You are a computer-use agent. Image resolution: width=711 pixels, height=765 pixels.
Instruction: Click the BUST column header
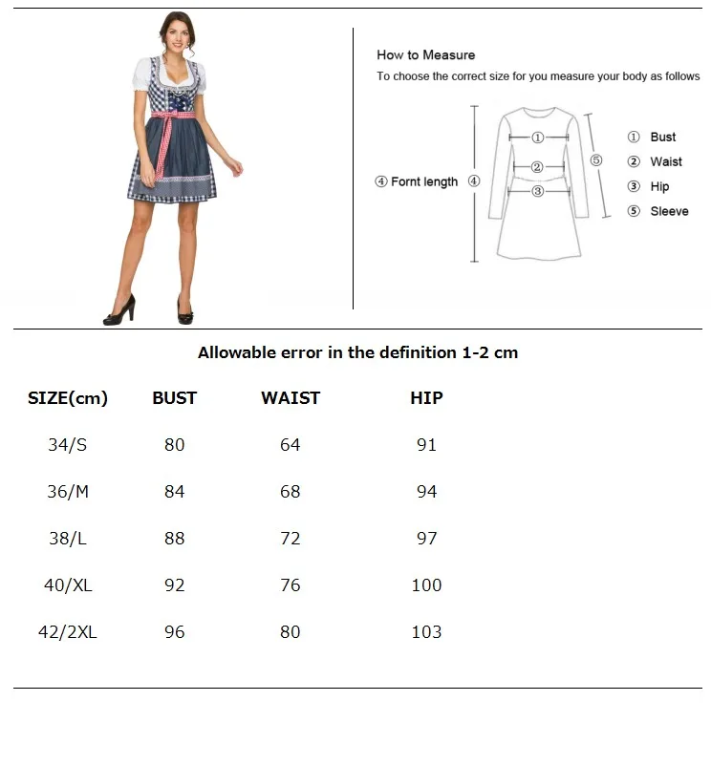pyautogui.click(x=174, y=398)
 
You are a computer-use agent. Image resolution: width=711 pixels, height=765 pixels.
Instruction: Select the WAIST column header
pyautogui.click(x=291, y=398)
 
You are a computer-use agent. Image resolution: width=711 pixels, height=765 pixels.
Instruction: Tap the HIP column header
pyautogui.click(x=426, y=398)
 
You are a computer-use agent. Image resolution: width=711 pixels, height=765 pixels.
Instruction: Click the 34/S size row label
pyautogui.click(x=67, y=445)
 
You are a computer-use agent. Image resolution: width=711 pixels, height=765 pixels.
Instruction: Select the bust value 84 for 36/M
pyautogui.click(x=174, y=492)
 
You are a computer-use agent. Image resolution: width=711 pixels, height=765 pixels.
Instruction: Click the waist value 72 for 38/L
pyautogui.click(x=291, y=539)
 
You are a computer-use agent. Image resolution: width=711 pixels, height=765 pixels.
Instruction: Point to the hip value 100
pyautogui.click(x=426, y=585)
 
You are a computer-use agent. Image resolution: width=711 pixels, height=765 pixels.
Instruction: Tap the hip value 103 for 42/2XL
pyautogui.click(x=426, y=632)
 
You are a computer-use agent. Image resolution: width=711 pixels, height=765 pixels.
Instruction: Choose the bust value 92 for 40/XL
pyautogui.click(x=174, y=585)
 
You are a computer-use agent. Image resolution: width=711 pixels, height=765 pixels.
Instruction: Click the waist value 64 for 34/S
pyautogui.click(x=291, y=445)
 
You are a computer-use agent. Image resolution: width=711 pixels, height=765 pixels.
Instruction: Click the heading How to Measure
pyautogui.click(x=425, y=55)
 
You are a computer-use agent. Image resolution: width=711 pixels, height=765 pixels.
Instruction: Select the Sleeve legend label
pyautogui.click(x=669, y=211)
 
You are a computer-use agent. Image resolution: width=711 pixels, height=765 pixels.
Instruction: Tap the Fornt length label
pyautogui.click(x=424, y=181)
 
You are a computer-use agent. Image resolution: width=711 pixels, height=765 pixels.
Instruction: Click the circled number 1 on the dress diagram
pyautogui.click(x=538, y=138)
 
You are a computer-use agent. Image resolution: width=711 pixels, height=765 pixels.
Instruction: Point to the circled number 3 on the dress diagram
pyautogui.click(x=538, y=191)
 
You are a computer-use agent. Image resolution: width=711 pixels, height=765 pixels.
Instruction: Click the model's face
pyautogui.click(x=175, y=35)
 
